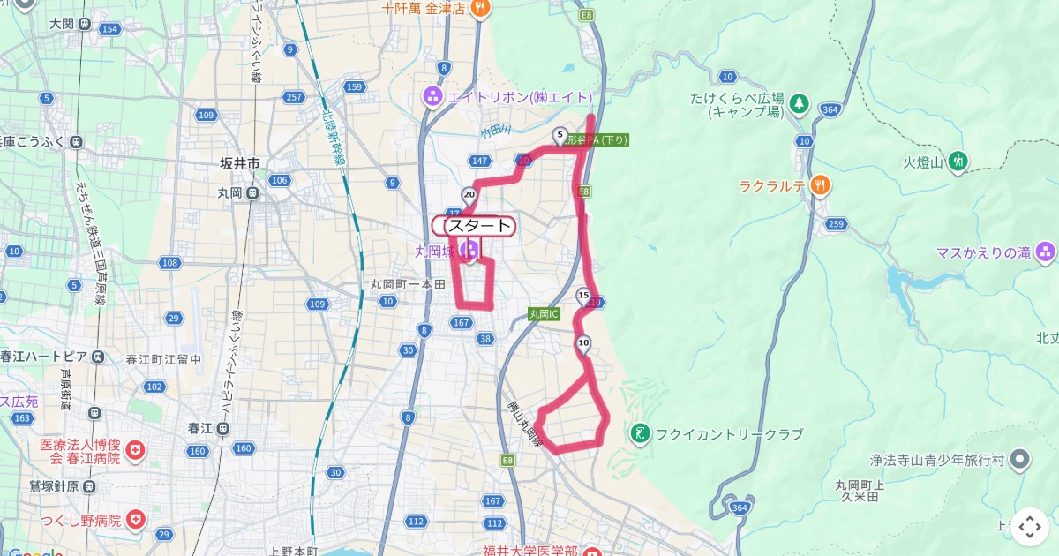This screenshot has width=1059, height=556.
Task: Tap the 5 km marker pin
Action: [560, 136]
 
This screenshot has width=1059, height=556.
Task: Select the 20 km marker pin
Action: [469, 195]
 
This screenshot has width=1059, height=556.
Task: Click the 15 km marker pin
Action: [582, 296]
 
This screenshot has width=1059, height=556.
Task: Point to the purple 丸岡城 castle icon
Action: [470, 251]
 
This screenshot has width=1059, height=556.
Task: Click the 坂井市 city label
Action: [239, 163]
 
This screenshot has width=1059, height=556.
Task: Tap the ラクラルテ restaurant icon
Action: [820, 185]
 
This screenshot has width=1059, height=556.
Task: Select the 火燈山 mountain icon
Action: [959, 161]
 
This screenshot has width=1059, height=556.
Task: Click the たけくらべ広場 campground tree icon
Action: [799, 104]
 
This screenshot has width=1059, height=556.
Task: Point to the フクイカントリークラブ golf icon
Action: [640, 433]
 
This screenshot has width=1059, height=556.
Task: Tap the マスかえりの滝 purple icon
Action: [1046, 252]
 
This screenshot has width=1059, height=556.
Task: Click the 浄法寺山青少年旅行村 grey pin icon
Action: [1019, 459]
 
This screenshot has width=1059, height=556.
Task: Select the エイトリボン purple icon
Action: [433, 96]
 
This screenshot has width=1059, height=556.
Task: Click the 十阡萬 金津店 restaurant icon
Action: [480, 9]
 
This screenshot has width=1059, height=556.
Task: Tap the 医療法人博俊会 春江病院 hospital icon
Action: [134, 452]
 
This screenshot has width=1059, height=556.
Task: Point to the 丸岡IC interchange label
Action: [545, 313]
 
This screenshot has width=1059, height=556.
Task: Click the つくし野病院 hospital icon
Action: [136, 520]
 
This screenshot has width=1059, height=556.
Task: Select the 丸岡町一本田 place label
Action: [408, 284]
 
